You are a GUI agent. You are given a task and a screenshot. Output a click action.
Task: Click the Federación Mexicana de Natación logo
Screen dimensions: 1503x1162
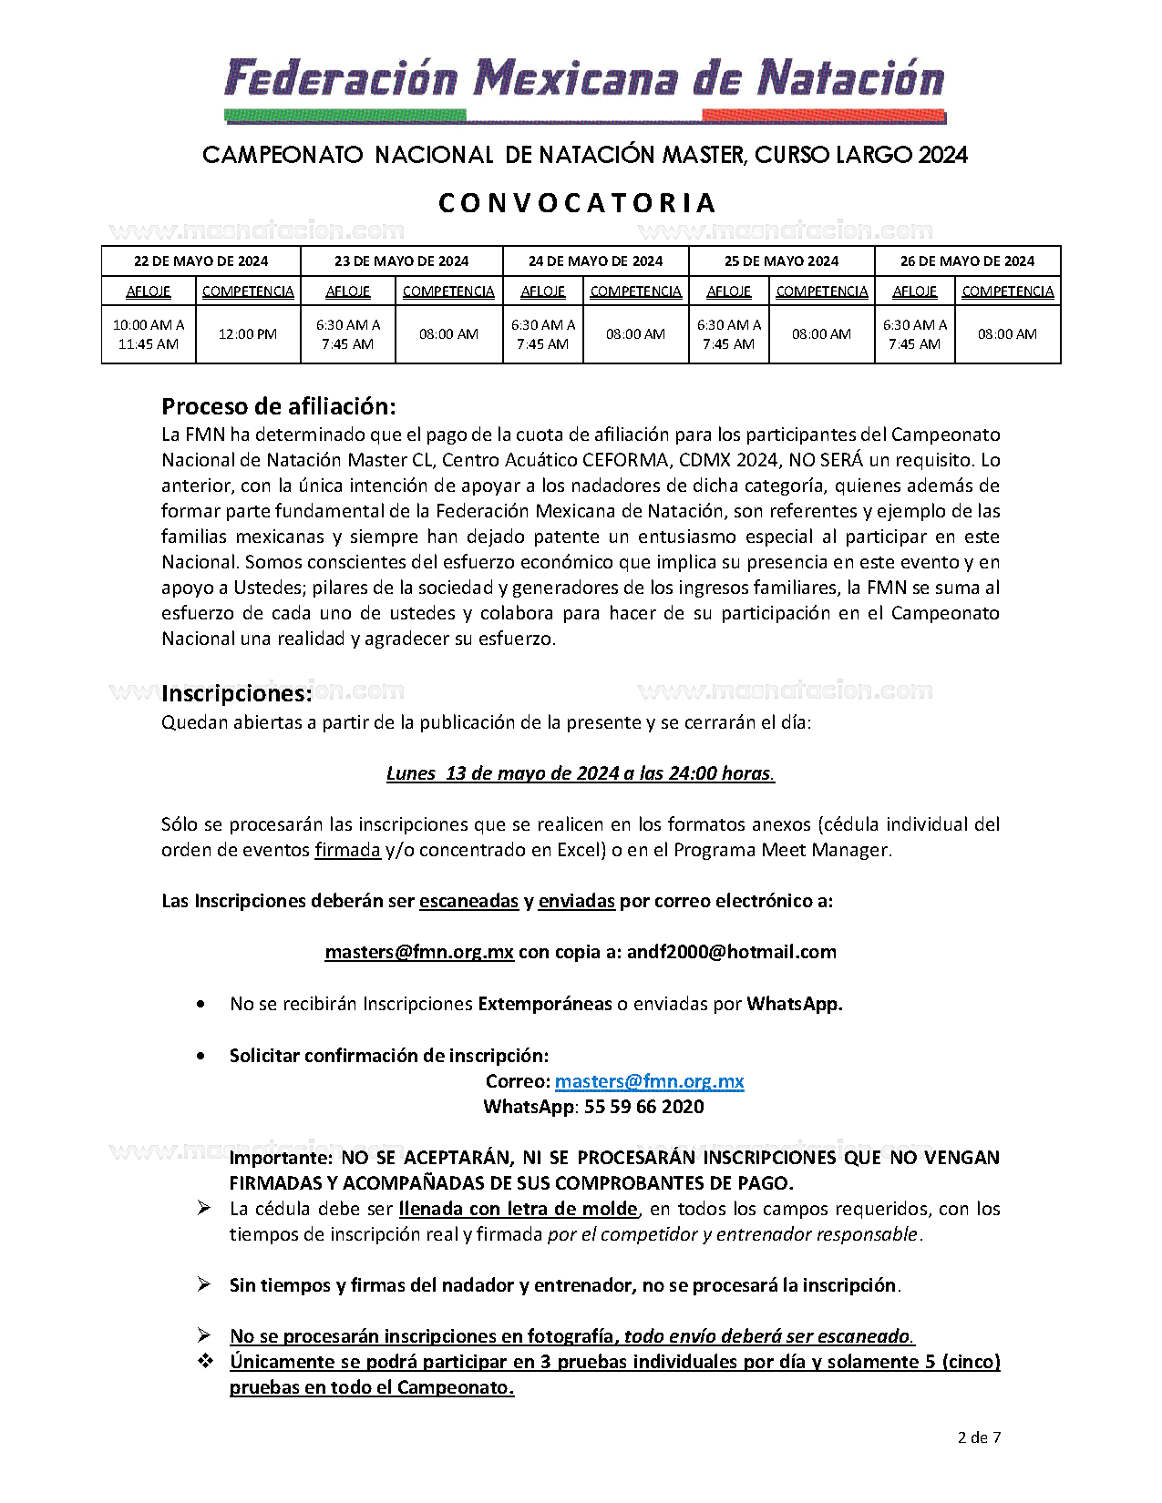[x=584, y=88]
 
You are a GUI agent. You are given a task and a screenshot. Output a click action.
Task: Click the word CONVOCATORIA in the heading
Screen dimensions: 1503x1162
[x=578, y=203]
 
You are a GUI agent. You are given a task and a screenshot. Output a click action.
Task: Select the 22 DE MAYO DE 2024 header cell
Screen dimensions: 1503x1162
[x=201, y=261]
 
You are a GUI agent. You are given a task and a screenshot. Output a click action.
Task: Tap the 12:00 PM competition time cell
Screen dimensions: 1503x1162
[x=248, y=334]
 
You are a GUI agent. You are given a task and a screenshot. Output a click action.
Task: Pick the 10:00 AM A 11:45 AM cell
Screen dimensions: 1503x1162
[x=149, y=334]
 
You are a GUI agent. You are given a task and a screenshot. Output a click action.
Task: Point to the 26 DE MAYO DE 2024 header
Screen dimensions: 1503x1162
[x=967, y=261]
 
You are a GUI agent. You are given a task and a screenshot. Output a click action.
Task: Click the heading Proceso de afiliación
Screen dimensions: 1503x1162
[x=279, y=406]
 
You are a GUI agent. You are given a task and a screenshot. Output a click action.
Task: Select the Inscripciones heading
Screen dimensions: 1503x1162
[x=236, y=694]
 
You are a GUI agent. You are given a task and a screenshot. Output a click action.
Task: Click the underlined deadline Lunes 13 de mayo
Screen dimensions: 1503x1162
[x=581, y=773]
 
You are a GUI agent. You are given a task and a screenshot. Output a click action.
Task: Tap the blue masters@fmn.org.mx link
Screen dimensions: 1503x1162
[x=649, y=1081]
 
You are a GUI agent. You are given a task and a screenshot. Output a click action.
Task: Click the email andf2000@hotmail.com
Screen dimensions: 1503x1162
[x=731, y=952]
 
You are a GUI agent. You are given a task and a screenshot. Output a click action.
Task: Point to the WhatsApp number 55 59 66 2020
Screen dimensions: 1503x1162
[x=643, y=1107]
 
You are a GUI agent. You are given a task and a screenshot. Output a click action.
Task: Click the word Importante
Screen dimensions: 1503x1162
[x=281, y=1158]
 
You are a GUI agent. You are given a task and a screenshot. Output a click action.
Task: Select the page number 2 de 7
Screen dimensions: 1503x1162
[x=979, y=1437]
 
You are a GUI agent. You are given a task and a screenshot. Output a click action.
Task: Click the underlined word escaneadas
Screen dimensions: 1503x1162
[x=468, y=901]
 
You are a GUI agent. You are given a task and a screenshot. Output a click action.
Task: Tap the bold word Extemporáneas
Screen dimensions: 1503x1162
[x=545, y=1004]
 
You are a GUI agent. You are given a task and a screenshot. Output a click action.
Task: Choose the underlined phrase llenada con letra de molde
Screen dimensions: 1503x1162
[x=518, y=1209]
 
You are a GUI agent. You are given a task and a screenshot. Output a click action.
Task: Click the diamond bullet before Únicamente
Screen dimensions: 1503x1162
[x=205, y=1361]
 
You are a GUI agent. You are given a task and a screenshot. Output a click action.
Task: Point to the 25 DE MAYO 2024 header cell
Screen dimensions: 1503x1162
[x=781, y=261]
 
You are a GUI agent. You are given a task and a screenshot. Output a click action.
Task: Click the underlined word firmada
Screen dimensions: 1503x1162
[x=347, y=850]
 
